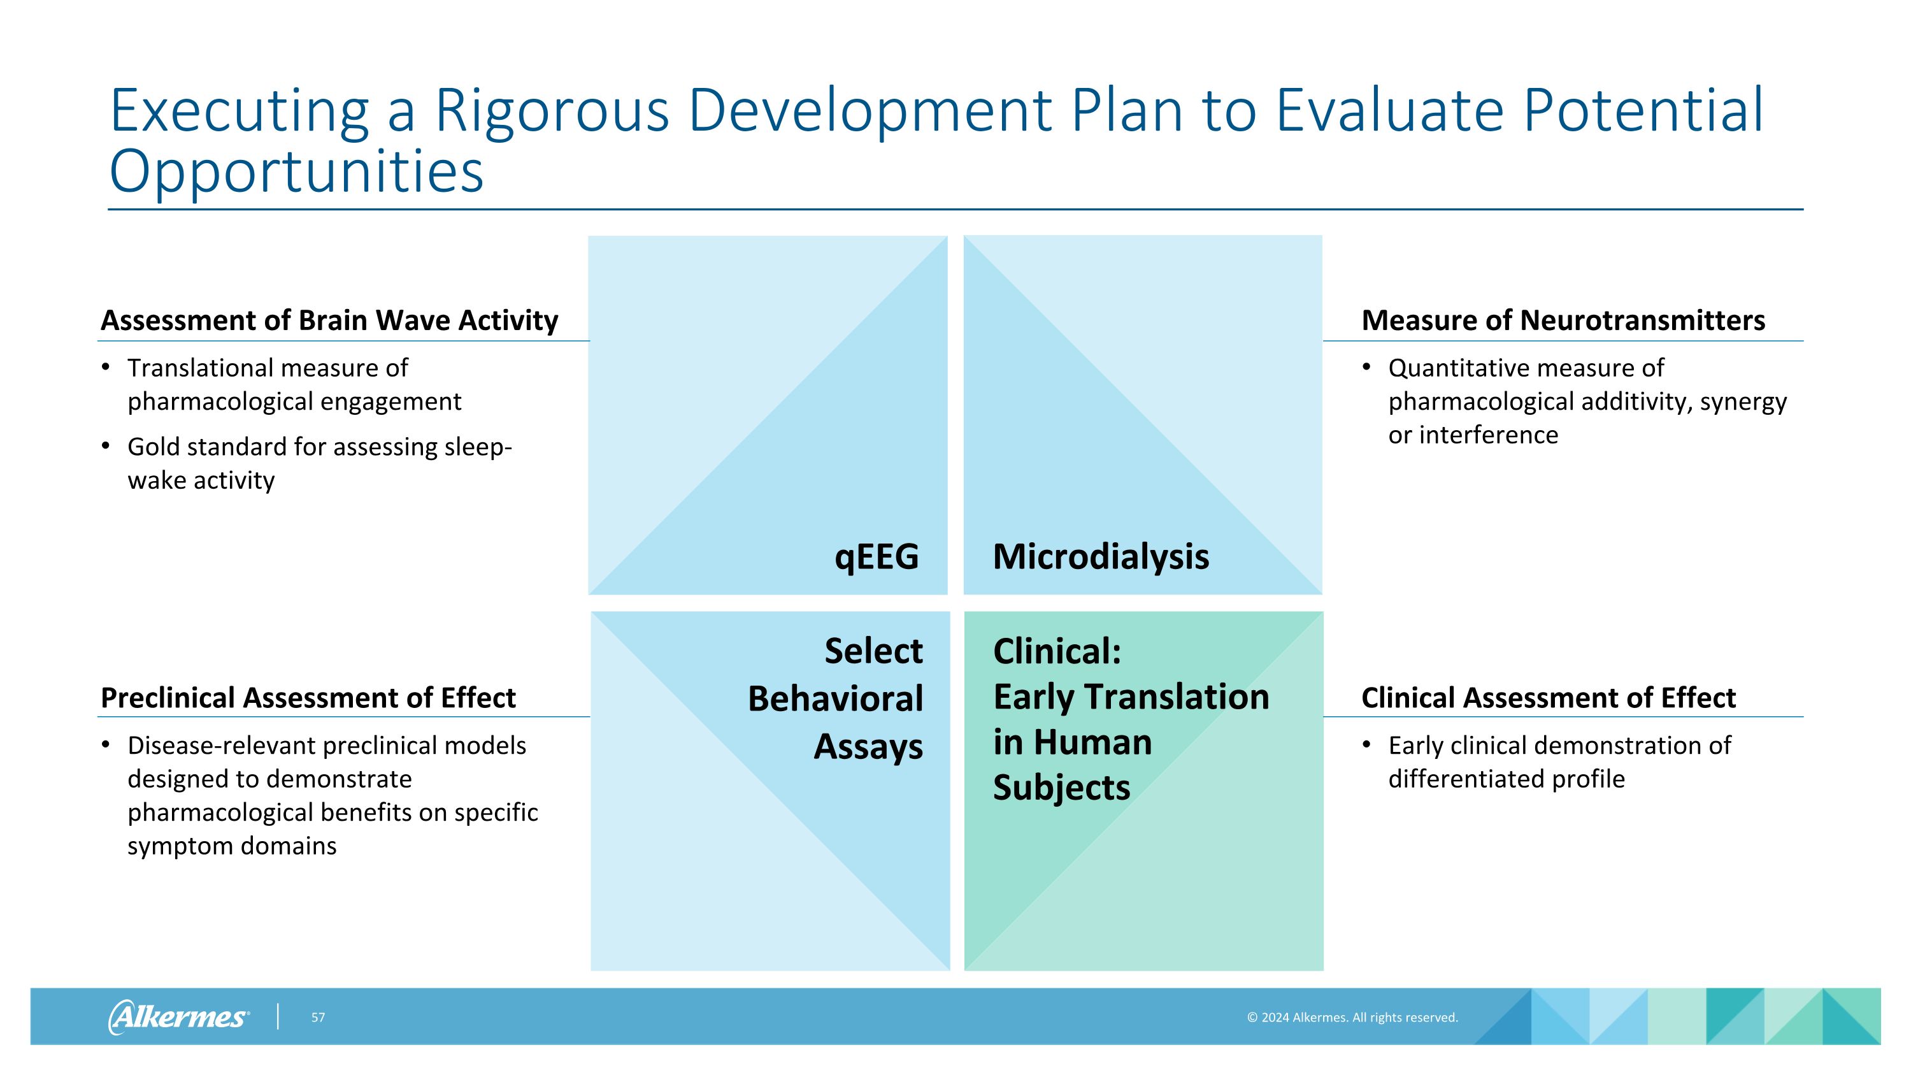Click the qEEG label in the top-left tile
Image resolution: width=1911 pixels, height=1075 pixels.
click(x=876, y=557)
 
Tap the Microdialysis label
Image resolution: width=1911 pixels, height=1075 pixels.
click(x=1100, y=557)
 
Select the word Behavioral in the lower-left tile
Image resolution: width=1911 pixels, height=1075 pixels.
click(x=834, y=699)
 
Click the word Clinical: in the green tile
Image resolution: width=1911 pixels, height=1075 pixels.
click(x=1056, y=651)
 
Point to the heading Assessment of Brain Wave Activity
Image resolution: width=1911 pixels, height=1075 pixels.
click(x=329, y=321)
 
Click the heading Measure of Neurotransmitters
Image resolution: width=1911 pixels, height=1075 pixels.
click(x=1563, y=321)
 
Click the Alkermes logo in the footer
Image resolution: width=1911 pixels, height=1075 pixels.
click(x=178, y=1016)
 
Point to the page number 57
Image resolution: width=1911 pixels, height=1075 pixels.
click(x=317, y=1018)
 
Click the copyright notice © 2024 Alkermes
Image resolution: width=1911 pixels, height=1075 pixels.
click(x=1352, y=1018)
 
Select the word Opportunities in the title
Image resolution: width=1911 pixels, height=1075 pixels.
click(x=297, y=172)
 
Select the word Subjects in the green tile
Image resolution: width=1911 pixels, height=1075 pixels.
click(x=1061, y=788)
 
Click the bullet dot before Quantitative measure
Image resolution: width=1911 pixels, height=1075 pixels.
click(x=1366, y=366)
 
